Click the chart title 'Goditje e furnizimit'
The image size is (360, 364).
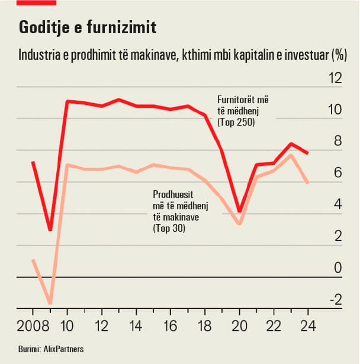coord(88,28)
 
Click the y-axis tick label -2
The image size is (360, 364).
coord(335,299)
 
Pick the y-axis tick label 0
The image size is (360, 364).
coord(338,268)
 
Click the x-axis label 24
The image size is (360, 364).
coord(308,325)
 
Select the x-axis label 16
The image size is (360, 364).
coord(171,325)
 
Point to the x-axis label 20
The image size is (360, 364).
coord(239,325)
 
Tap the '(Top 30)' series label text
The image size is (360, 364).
coord(169,228)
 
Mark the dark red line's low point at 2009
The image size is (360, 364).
coord(50,230)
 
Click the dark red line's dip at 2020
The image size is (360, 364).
coord(239,212)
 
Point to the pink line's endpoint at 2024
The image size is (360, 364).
coord(308,183)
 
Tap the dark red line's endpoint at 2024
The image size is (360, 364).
coord(308,153)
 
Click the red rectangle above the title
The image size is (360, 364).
coord(37,2)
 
